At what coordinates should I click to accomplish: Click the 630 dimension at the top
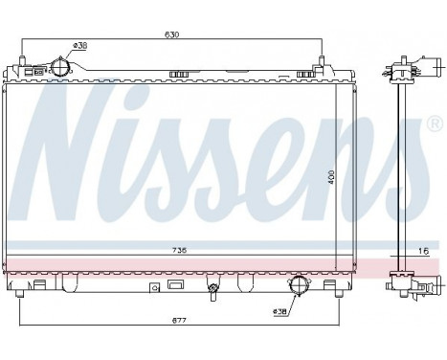[x=173, y=35]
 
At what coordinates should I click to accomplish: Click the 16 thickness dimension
[x=421, y=250]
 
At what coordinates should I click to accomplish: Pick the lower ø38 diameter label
[x=279, y=311]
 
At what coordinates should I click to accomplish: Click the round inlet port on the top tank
[x=60, y=68]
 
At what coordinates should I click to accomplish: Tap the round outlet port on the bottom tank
[x=300, y=284]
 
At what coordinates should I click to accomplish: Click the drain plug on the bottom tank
[x=212, y=286]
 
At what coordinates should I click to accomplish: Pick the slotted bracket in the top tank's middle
[x=179, y=73]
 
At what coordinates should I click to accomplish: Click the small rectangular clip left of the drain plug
[x=153, y=286]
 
